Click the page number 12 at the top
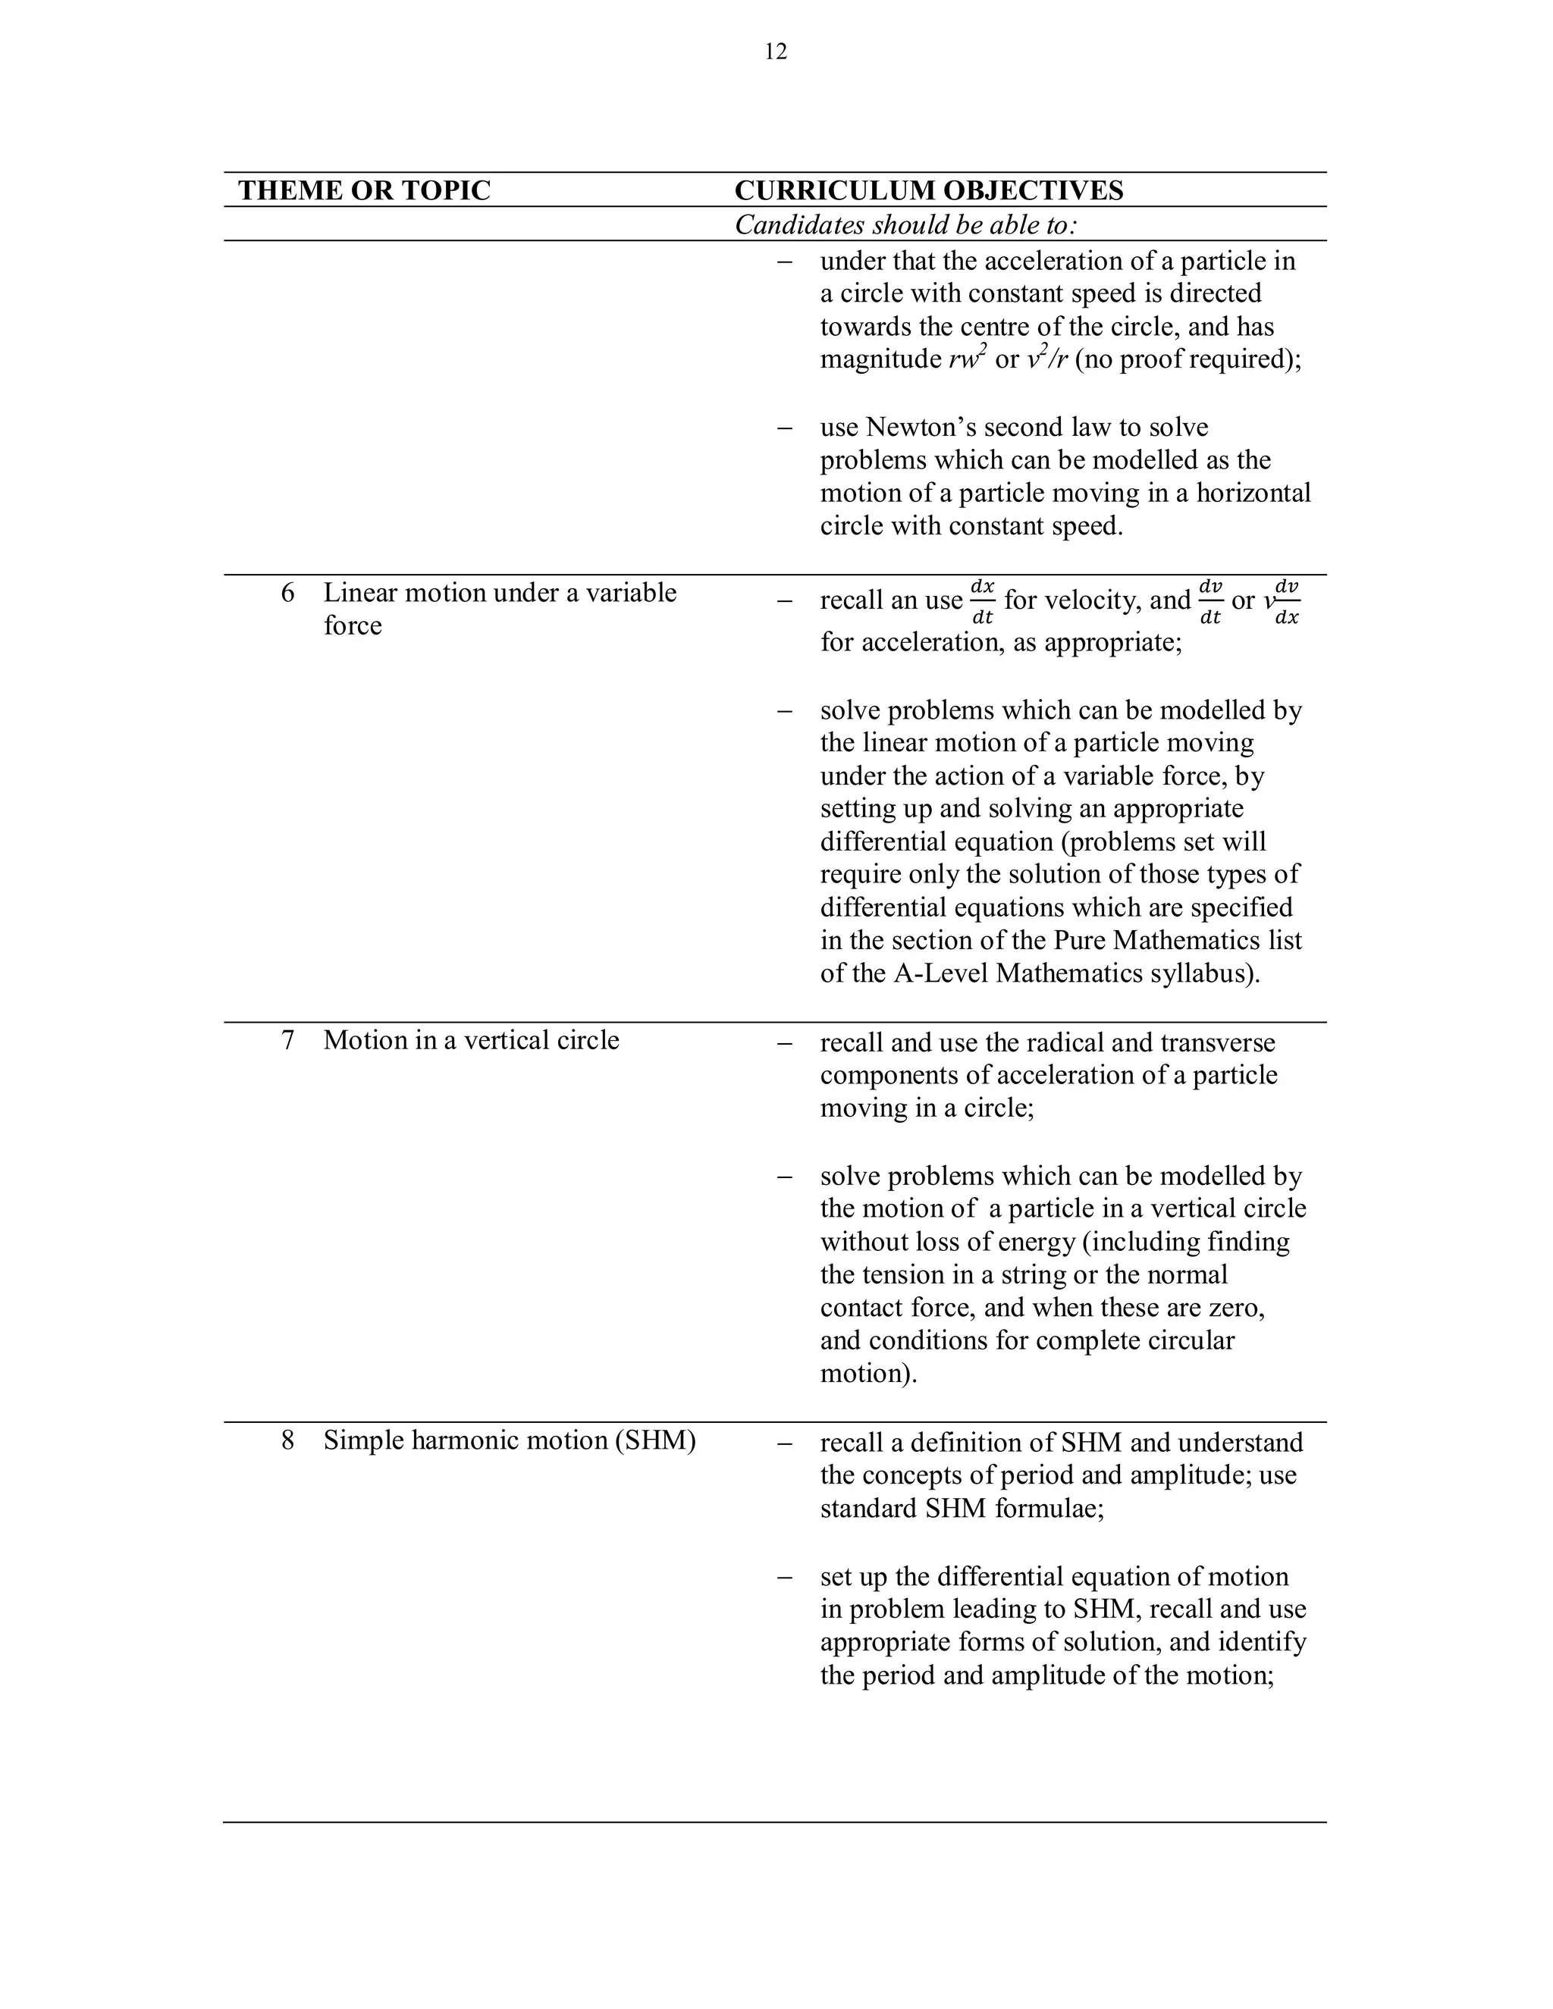click(x=776, y=52)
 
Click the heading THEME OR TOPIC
click(x=364, y=190)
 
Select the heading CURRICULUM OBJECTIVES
click(x=928, y=190)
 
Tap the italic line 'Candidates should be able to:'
click(x=905, y=225)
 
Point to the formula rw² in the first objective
click(x=968, y=358)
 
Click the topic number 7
click(x=288, y=1040)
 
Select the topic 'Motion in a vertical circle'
click(x=471, y=1040)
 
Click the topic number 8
click(x=288, y=1440)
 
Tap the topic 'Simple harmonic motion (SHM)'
click(x=509, y=1440)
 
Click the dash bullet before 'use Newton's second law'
click(x=784, y=428)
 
